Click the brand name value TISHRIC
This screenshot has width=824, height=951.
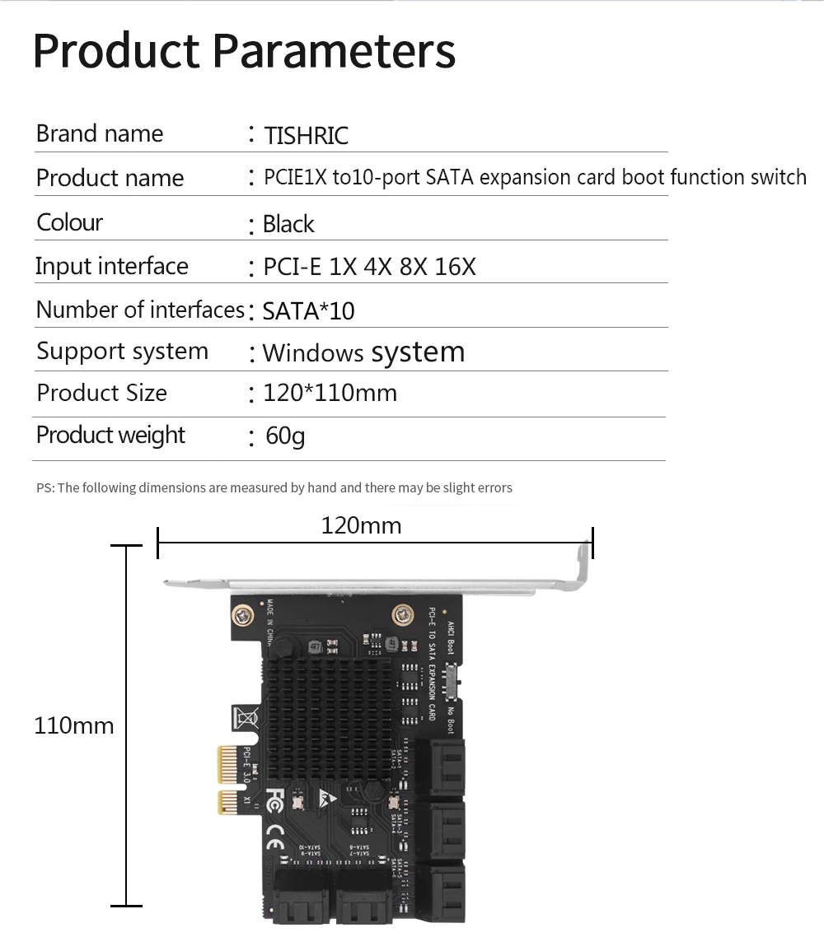coord(306,135)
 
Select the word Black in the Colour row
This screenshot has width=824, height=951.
coord(288,224)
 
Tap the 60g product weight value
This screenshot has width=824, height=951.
coord(285,436)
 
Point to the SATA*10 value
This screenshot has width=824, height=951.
coord(308,310)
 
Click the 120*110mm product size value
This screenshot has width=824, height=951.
coord(330,393)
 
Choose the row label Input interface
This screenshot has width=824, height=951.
coord(111,266)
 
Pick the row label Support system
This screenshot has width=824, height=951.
coord(122,352)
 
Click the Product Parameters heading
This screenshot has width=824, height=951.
coord(244,50)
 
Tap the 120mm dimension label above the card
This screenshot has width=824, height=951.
coord(361,525)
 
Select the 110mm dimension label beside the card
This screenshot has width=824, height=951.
coord(74,725)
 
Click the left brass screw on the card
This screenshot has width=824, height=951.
coord(243,614)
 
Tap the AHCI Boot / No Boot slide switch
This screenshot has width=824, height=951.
coord(451,681)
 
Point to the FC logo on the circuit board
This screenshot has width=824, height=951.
coord(276,799)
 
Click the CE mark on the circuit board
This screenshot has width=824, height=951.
coord(274,846)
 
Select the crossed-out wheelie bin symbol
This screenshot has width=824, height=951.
coord(246,717)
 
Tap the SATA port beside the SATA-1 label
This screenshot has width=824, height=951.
coord(446,767)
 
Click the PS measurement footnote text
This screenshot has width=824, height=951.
coord(274,487)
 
